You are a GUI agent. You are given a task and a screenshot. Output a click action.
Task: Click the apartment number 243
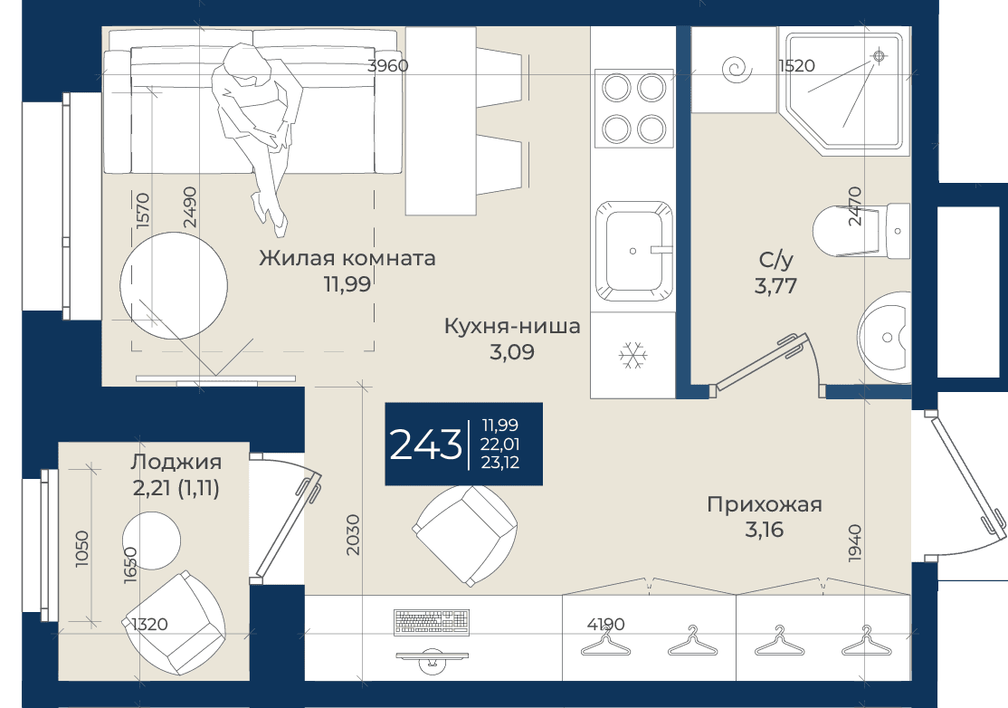[425, 445]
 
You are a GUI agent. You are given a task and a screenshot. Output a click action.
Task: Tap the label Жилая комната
[347, 258]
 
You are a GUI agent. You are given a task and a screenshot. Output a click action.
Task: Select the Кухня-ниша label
[512, 326]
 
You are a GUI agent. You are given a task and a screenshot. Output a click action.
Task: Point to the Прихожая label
[765, 504]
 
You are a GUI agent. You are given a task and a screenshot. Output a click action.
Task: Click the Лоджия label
[176, 462]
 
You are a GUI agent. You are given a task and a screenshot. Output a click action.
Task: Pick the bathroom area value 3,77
[776, 285]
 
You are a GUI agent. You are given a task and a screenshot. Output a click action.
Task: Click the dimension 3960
[387, 65]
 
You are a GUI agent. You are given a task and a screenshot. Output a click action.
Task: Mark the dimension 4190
[605, 624]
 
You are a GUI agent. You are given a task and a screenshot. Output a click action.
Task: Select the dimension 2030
[352, 535]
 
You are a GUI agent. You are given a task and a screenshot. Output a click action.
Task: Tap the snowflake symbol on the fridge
[633, 355]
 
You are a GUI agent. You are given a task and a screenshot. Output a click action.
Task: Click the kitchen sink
[634, 251]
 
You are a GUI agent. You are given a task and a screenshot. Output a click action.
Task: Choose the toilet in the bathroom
[861, 230]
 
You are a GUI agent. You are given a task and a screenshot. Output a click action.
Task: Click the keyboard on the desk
[431, 622]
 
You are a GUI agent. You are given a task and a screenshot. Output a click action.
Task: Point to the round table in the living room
[174, 286]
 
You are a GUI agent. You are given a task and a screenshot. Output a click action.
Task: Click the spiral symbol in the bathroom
[736, 69]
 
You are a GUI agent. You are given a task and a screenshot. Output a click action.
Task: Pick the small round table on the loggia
[151, 541]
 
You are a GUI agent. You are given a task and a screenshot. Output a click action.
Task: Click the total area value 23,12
[500, 463]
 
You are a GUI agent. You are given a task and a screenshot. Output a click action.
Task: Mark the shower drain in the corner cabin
[879, 57]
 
